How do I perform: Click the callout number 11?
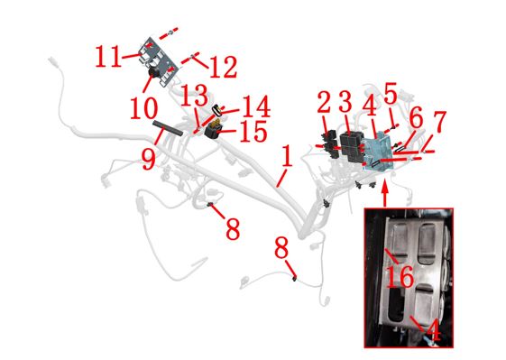108,57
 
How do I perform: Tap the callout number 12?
224,67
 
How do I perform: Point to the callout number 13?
194,95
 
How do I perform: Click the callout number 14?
256,106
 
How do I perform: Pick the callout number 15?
253,131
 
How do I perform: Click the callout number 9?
149,159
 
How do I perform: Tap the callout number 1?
287,155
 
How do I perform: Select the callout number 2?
324,102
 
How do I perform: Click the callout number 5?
391,94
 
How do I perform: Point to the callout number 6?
416,118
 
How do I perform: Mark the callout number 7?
439,122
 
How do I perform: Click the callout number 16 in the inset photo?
400,276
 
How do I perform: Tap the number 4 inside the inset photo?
434,330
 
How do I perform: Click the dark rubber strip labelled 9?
168,128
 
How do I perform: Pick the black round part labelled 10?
154,73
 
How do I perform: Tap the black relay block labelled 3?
349,146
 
